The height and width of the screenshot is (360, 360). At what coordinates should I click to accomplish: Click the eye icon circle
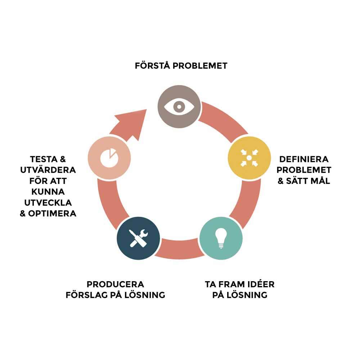179,106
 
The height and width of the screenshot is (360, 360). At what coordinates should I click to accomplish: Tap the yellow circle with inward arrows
249,158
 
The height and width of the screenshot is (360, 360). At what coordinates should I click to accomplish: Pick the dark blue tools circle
138,238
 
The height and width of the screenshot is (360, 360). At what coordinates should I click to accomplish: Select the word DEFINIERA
304,159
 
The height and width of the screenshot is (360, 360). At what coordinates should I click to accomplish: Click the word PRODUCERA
115,284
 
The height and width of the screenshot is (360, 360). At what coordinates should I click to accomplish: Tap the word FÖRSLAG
87,295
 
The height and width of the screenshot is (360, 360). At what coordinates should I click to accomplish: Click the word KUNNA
48,192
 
